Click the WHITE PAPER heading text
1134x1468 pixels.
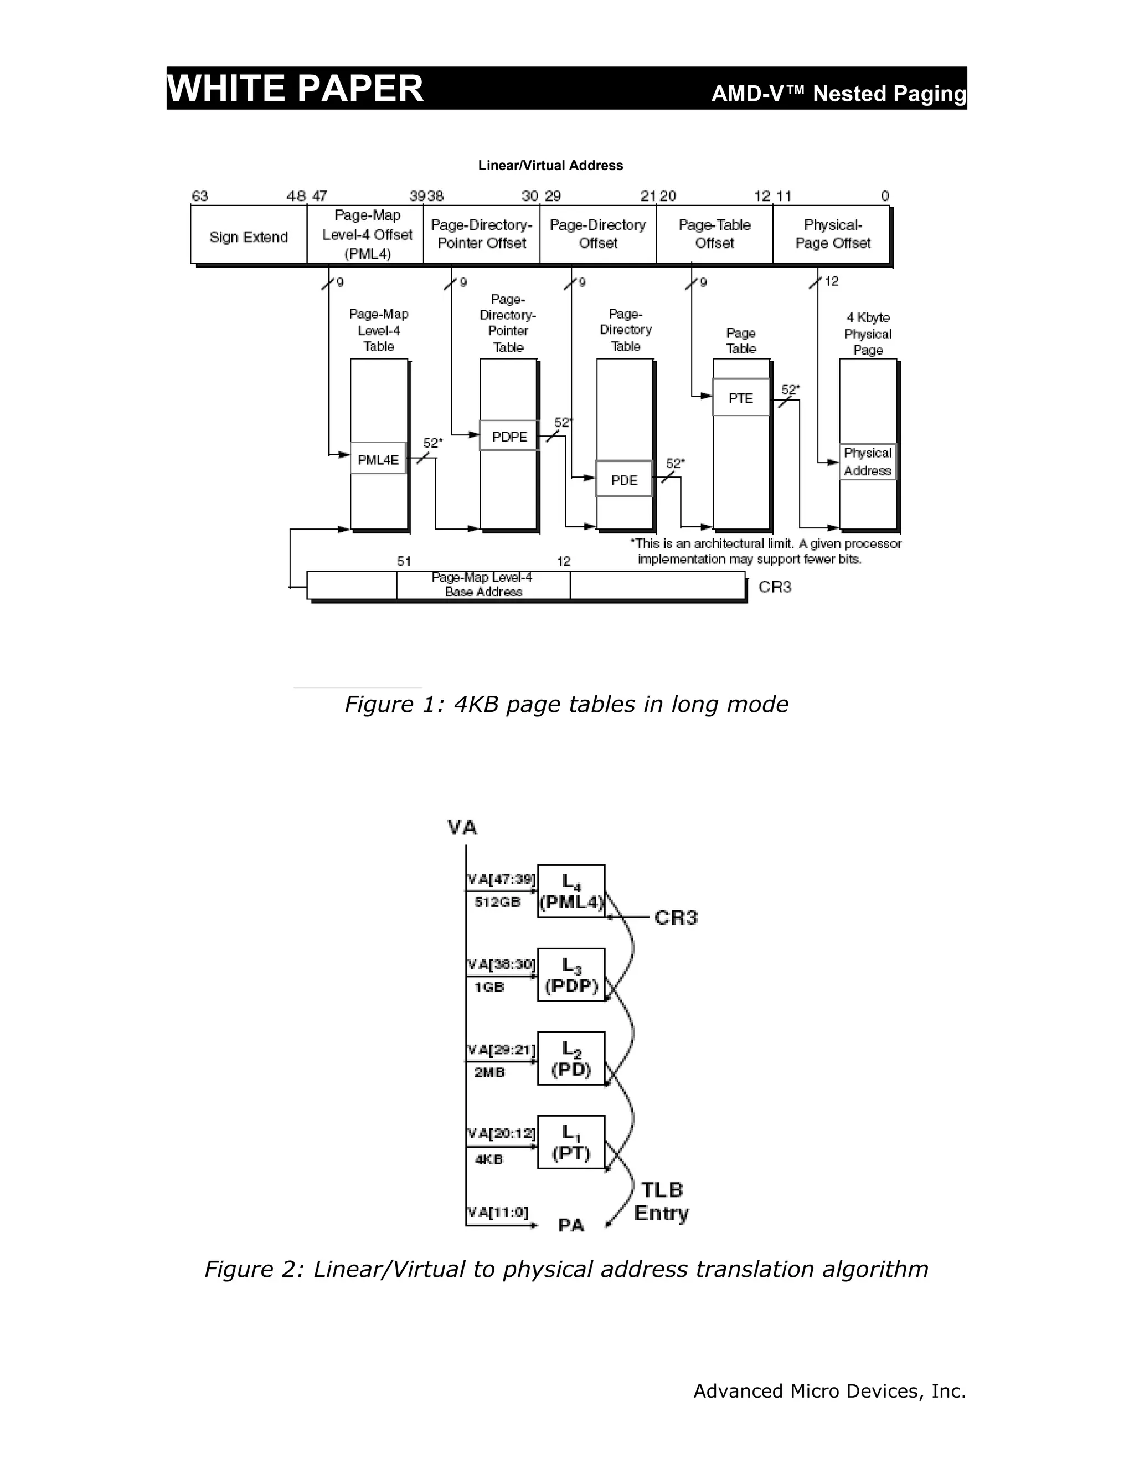[295, 88]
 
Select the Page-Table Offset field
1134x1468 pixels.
[714, 234]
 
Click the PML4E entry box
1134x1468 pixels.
[378, 459]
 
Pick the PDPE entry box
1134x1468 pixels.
[509, 436]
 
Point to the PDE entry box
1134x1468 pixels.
[624, 479]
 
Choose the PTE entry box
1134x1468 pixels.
[741, 397]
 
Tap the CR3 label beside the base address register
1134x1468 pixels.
[775, 587]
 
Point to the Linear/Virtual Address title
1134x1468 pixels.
[550, 165]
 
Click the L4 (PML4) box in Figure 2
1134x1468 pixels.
[571, 891]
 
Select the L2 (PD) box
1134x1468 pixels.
[571, 1059]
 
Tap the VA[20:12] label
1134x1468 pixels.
[501, 1134]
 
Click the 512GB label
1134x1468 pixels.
[497, 902]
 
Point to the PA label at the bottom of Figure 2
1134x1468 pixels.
[571, 1225]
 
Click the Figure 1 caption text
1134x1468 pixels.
[566, 704]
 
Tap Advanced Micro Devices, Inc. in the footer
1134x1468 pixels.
[829, 1390]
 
